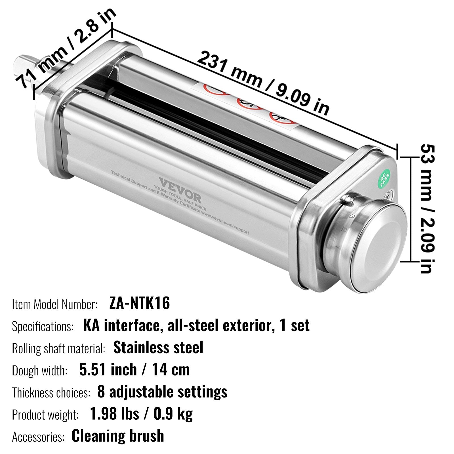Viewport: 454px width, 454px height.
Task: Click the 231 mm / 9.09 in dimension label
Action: click(263, 82)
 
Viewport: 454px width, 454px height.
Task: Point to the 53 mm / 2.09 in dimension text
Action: click(427, 209)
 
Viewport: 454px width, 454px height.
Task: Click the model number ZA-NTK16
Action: click(139, 303)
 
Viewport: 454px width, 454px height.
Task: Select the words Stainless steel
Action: click(158, 347)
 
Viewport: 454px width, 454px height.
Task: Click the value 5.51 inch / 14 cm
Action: click(134, 369)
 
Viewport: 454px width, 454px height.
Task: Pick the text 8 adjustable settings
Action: click(162, 392)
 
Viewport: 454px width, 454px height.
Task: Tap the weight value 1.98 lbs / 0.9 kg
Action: click(141, 414)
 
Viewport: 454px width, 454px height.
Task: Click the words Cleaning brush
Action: click(118, 436)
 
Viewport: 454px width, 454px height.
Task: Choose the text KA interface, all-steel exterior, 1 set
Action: click(196, 325)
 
